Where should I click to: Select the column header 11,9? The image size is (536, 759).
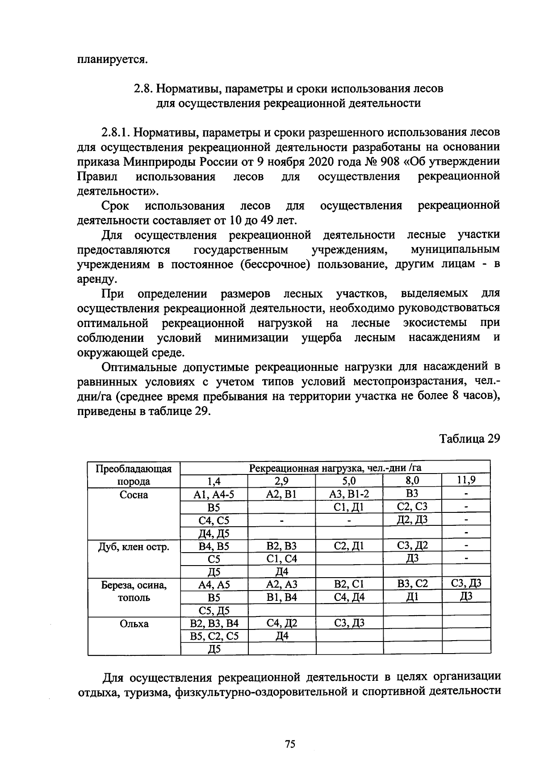pos(466,480)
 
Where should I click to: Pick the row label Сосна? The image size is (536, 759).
pos(134,495)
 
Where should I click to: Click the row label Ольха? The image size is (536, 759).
pos(134,624)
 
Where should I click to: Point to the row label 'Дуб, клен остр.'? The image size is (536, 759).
pos(134,546)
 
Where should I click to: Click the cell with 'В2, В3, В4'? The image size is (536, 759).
pos(214,623)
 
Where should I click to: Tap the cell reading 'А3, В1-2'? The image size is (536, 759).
pos(349,494)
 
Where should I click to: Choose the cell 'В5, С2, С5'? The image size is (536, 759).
pos(214,636)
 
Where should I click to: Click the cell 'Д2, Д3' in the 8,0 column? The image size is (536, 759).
pos(412,519)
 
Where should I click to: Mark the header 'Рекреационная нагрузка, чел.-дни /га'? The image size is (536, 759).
pos(335,468)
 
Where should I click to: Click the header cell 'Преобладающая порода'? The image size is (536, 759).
pos(134,474)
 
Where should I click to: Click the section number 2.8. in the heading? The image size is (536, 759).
pos(144,88)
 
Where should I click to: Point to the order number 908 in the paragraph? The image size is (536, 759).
pos(390,161)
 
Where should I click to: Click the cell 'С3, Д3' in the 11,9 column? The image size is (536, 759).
pos(466,583)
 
